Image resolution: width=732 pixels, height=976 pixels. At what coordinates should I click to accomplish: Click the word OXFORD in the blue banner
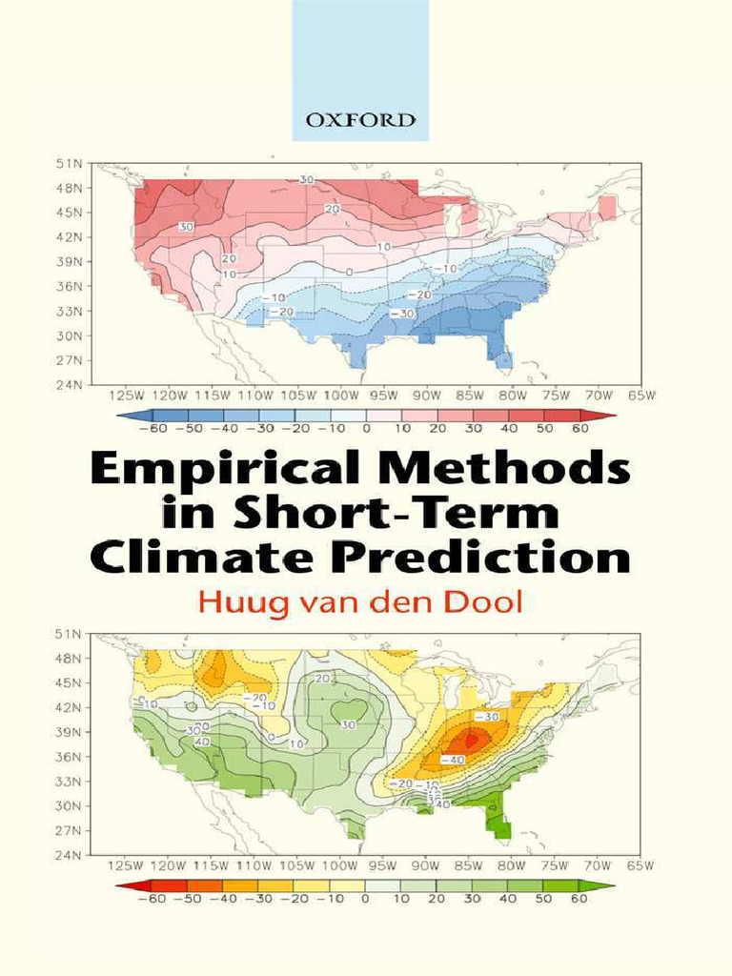(x=360, y=120)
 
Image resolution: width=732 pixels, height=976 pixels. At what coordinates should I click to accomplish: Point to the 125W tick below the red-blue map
(x=127, y=395)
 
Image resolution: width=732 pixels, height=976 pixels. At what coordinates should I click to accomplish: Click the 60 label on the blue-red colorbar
(x=580, y=429)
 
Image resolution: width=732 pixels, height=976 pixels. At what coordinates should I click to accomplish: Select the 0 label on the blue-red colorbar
(x=366, y=429)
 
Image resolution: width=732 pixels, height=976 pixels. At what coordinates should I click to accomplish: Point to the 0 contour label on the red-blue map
(x=349, y=273)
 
